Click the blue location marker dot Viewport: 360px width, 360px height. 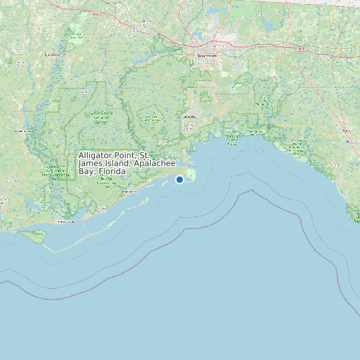click(x=179, y=179)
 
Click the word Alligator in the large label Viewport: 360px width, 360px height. click(x=97, y=155)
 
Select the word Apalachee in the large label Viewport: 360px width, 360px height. click(x=155, y=163)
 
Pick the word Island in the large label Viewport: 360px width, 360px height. click(x=119, y=163)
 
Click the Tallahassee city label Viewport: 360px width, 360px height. click(x=207, y=56)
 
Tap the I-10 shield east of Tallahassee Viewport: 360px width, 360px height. click(x=302, y=48)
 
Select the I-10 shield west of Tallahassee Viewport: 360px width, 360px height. click(x=98, y=14)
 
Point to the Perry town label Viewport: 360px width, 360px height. click(x=347, y=132)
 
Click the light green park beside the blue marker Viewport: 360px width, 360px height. click(x=191, y=175)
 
